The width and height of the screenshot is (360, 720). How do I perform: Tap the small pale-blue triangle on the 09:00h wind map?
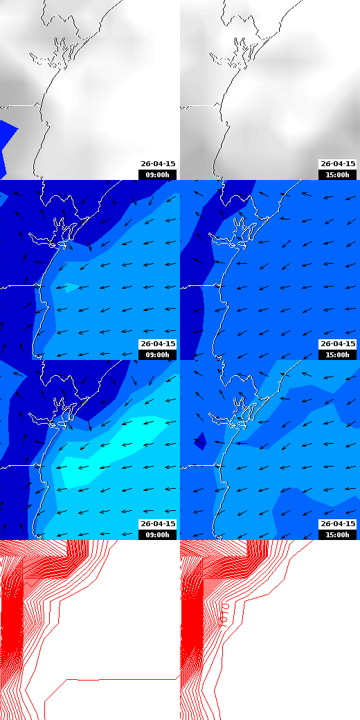tap(67, 288)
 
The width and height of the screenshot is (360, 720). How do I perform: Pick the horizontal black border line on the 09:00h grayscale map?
tap(17, 105)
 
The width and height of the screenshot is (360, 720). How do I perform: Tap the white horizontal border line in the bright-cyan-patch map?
tap(17, 465)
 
